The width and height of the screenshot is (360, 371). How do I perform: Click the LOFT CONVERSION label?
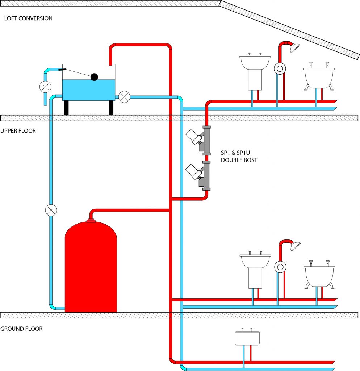click(28, 18)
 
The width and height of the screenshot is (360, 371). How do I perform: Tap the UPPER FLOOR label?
click(18, 131)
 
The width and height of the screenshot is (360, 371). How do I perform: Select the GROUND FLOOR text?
click(21, 329)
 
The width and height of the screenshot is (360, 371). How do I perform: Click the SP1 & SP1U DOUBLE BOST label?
click(239, 157)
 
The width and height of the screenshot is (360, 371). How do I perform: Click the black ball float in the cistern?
click(94, 77)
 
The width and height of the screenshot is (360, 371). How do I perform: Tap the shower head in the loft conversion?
click(295, 48)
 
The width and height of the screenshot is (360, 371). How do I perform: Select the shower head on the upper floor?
click(296, 246)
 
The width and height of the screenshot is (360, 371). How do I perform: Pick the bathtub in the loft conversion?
click(319, 77)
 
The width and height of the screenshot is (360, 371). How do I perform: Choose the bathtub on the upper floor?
click(319, 275)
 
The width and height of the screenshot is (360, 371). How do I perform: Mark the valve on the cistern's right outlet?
click(124, 97)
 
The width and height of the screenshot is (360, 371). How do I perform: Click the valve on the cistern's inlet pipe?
click(45, 87)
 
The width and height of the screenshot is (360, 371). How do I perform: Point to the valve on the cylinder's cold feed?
click(51, 210)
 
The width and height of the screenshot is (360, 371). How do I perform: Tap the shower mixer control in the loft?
click(280, 68)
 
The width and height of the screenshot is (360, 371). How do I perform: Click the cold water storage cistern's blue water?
click(89, 90)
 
